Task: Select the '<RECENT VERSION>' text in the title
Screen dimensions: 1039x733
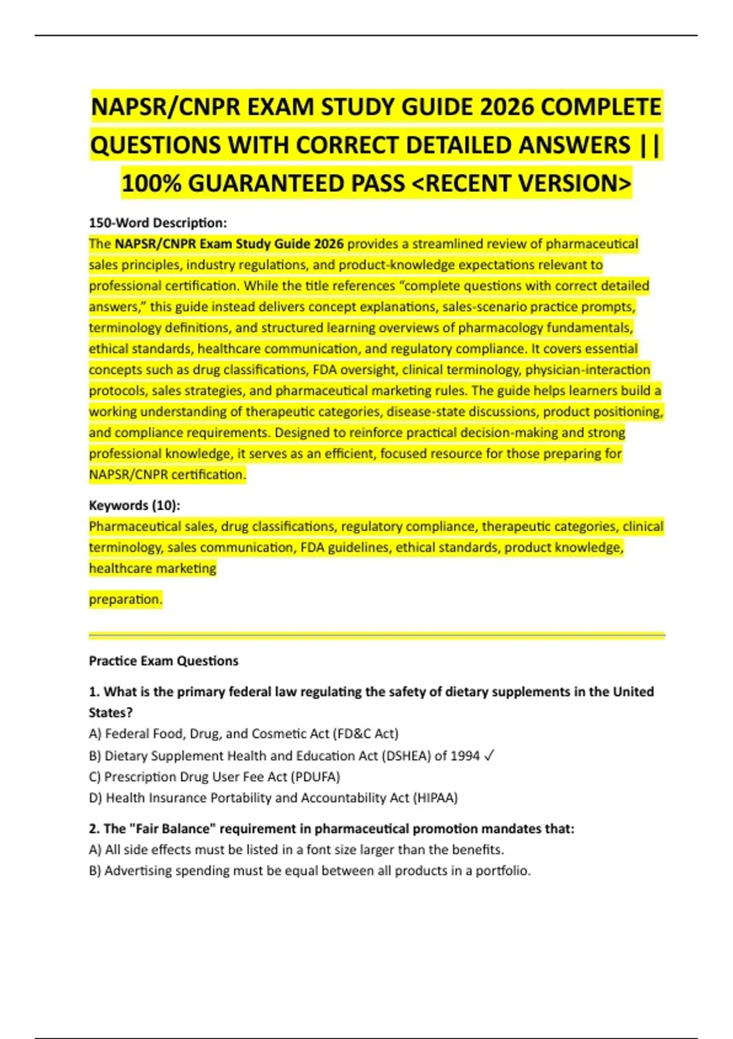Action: [522, 183]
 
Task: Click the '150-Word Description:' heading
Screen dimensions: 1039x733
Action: [158, 222]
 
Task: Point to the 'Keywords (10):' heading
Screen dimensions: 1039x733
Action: [134, 505]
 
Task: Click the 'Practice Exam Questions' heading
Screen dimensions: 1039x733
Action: [164, 661]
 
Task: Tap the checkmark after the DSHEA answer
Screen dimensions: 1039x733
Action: [489, 756]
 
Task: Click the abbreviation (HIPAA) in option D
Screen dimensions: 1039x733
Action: [436, 798]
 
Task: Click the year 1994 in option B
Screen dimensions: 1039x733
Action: [465, 756]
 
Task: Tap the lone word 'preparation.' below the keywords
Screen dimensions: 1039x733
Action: [126, 599]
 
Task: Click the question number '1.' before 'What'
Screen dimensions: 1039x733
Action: [94, 692]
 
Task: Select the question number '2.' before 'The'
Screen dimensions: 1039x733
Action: [95, 829]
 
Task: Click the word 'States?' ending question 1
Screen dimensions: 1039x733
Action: [111, 713]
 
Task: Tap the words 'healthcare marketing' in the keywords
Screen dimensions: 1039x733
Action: [153, 568]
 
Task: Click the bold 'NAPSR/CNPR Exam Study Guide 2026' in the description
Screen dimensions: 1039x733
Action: [229, 244]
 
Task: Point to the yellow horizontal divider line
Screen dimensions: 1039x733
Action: [376, 636]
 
